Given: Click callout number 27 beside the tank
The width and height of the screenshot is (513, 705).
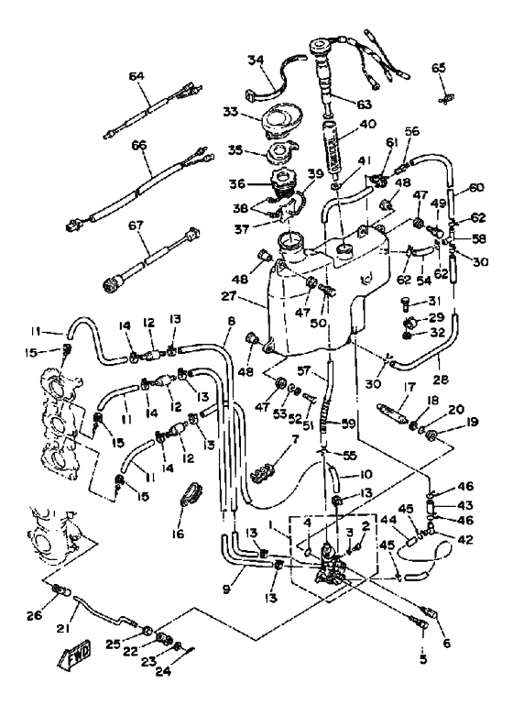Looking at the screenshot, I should pyautogui.click(x=230, y=297).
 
